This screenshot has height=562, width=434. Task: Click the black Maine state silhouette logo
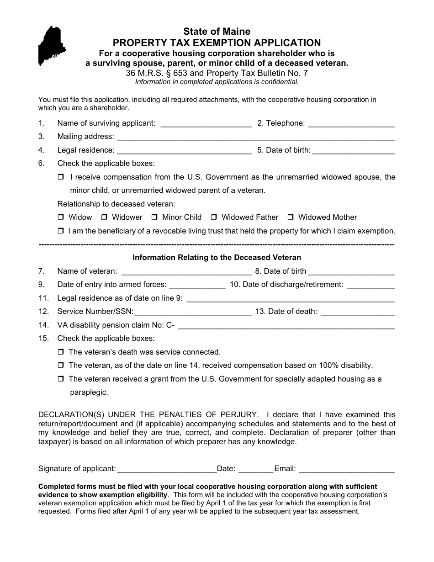pos(52,46)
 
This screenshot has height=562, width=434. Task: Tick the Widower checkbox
pos(104,217)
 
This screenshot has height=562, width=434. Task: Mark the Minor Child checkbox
pos(154,217)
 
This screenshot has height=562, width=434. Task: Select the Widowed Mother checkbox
pos(291,217)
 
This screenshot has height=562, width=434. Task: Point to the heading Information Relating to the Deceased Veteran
pos(217,258)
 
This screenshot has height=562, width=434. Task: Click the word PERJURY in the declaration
pos(231,415)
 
